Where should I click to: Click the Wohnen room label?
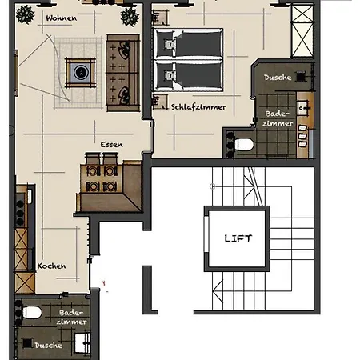[x=62, y=18]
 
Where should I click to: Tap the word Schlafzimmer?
[x=198, y=107]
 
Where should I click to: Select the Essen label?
[x=111, y=145]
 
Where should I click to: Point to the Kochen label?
[x=52, y=266]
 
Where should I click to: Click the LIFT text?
[x=238, y=238]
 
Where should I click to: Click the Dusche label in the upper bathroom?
[x=278, y=78]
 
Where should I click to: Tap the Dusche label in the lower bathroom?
[x=49, y=346]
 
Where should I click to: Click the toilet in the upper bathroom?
[x=243, y=145]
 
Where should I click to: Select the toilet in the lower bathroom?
[x=31, y=313]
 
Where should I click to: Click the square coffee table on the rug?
[x=81, y=72]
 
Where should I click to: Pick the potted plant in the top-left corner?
[x=26, y=14]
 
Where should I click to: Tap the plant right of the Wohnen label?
[x=130, y=17]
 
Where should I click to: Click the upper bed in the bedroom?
[x=188, y=43]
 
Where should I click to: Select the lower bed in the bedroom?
[x=188, y=75]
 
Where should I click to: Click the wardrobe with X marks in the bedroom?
[x=302, y=31]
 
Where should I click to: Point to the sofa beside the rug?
[x=123, y=73]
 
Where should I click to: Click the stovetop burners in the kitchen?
[x=20, y=210]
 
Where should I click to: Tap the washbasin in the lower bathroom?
[x=82, y=342]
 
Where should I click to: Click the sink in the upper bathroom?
[x=303, y=108]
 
